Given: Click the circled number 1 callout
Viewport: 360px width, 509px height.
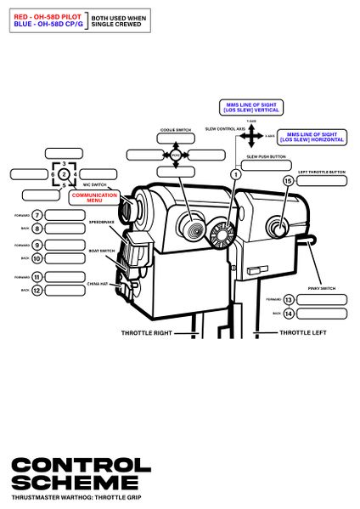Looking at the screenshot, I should [x=235, y=173].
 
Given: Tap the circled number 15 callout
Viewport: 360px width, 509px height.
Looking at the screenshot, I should [x=288, y=181].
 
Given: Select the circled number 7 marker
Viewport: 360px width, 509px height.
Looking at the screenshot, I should [x=37, y=216].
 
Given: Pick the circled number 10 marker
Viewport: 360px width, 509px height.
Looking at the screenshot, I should [x=37, y=257].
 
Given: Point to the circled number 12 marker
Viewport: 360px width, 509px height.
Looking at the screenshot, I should [x=37, y=290].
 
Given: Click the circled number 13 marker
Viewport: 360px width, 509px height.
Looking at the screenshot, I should [x=289, y=299].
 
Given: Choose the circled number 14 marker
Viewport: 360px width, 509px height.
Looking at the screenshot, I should [x=289, y=313].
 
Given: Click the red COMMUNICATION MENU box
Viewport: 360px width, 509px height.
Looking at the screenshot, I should [x=94, y=197].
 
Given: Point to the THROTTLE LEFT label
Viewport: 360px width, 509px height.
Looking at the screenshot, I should [x=302, y=332].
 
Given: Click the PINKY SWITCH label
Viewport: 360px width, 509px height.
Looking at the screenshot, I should [x=321, y=289].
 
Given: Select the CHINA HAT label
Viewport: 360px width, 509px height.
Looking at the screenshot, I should [x=98, y=284].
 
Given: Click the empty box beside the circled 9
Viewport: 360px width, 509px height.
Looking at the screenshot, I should [x=71, y=245].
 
